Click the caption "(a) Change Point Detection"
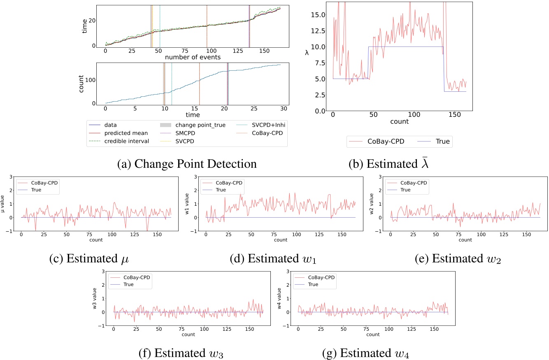187,164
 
